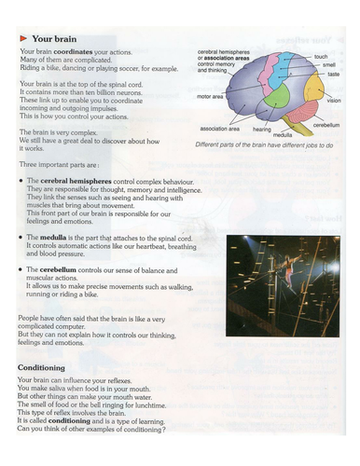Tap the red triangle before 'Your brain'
(23, 37)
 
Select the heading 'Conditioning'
(41, 367)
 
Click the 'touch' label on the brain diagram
(321, 57)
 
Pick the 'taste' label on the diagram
(333, 74)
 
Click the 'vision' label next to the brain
(334, 100)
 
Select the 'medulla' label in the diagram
(284, 135)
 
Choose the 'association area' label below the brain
(221, 130)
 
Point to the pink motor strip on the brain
(267, 75)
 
